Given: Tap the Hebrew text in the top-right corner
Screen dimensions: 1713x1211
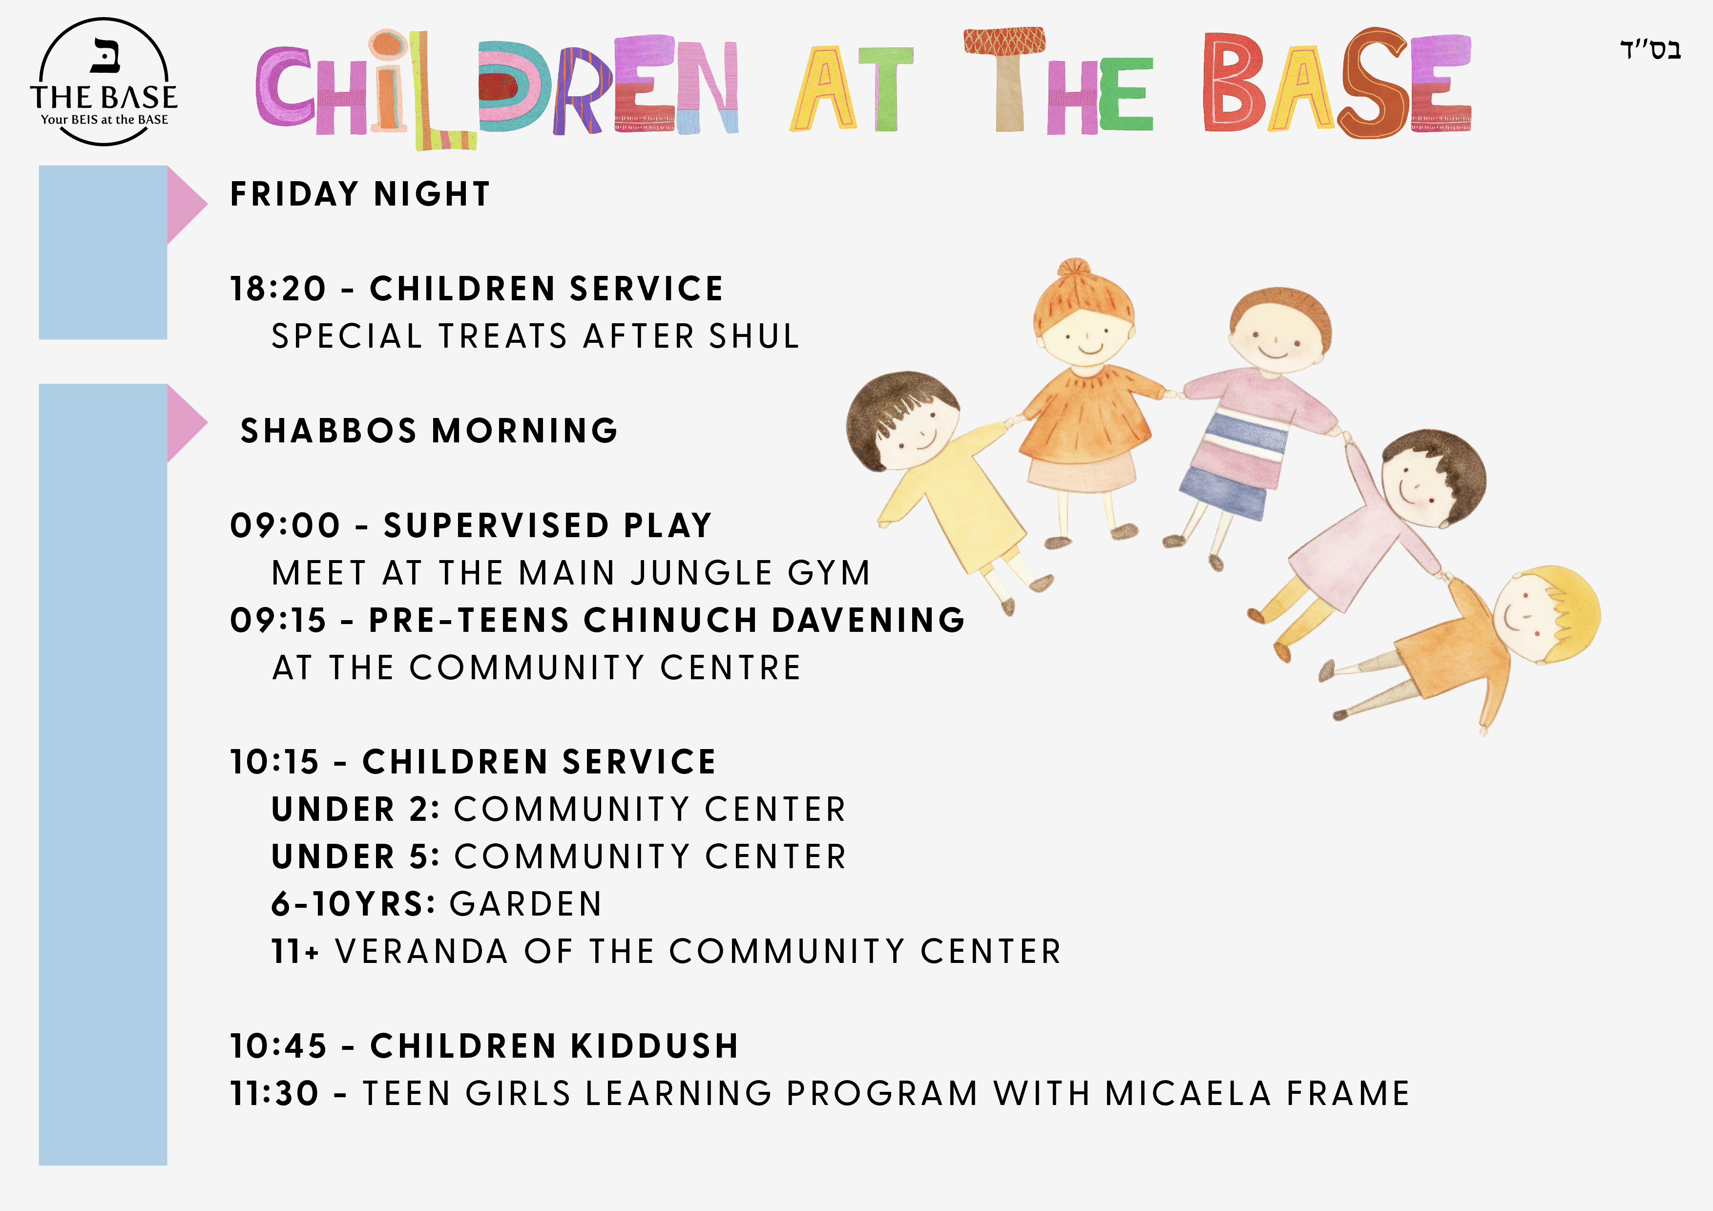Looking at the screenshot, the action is click(x=1650, y=49).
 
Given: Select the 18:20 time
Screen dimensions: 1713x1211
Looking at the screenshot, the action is click(x=278, y=289).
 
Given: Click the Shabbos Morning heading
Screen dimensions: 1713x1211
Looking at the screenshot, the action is click(x=429, y=431).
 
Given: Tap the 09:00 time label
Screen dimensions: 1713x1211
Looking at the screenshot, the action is click(x=285, y=525).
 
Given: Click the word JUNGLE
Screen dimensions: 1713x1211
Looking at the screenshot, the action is click(x=701, y=573).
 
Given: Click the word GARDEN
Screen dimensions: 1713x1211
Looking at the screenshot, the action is click(x=526, y=904).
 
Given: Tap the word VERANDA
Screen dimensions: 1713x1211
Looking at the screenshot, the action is click(x=422, y=951).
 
